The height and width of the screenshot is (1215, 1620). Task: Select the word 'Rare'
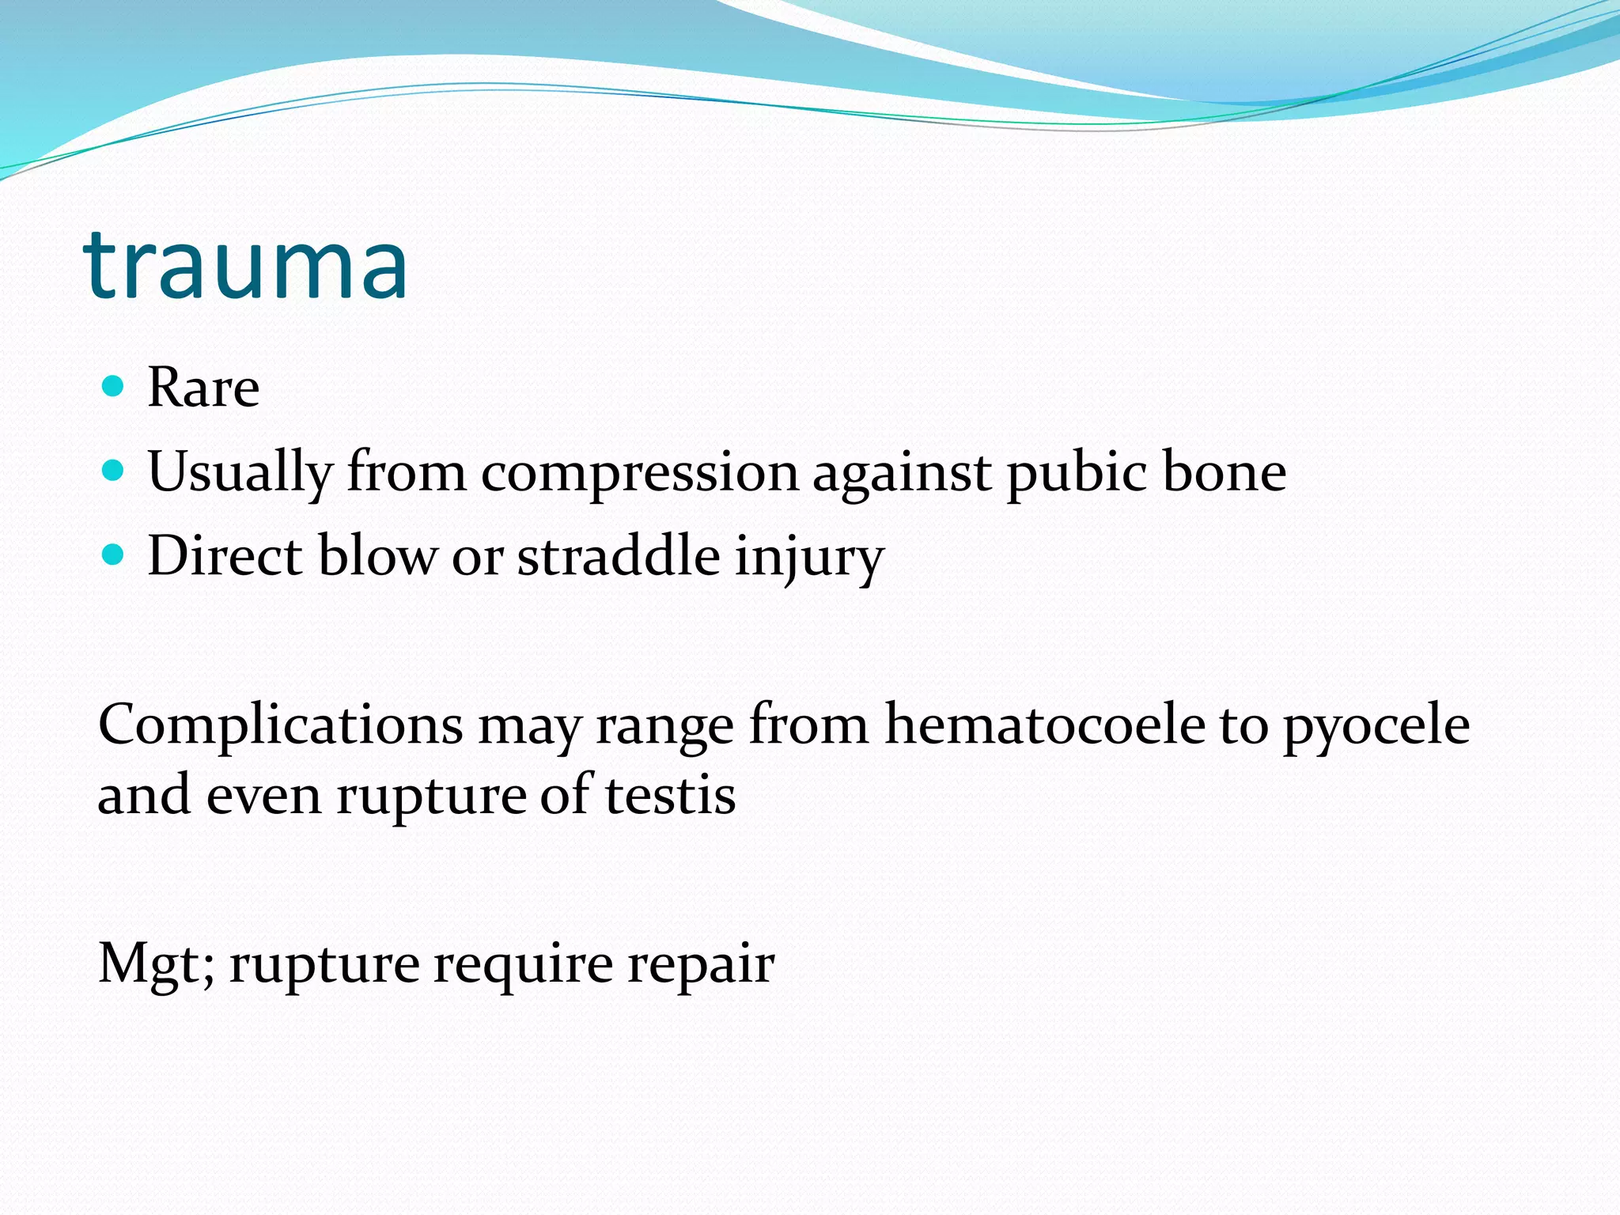pyautogui.click(x=203, y=388)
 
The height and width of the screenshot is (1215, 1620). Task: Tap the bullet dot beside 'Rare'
pyautogui.click(x=114, y=386)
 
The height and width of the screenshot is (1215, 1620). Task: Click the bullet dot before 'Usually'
pyautogui.click(x=114, y=471)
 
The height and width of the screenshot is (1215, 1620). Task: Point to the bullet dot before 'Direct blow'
pyautogui.click(x=114, y=555)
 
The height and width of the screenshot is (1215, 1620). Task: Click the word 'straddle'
pyautogui.click(x=619, y=555)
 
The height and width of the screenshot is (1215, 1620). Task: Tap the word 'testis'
pyautogui.click(x=671, y=796)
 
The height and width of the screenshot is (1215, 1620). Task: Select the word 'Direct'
pyautogui.click(x=225, y=555)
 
